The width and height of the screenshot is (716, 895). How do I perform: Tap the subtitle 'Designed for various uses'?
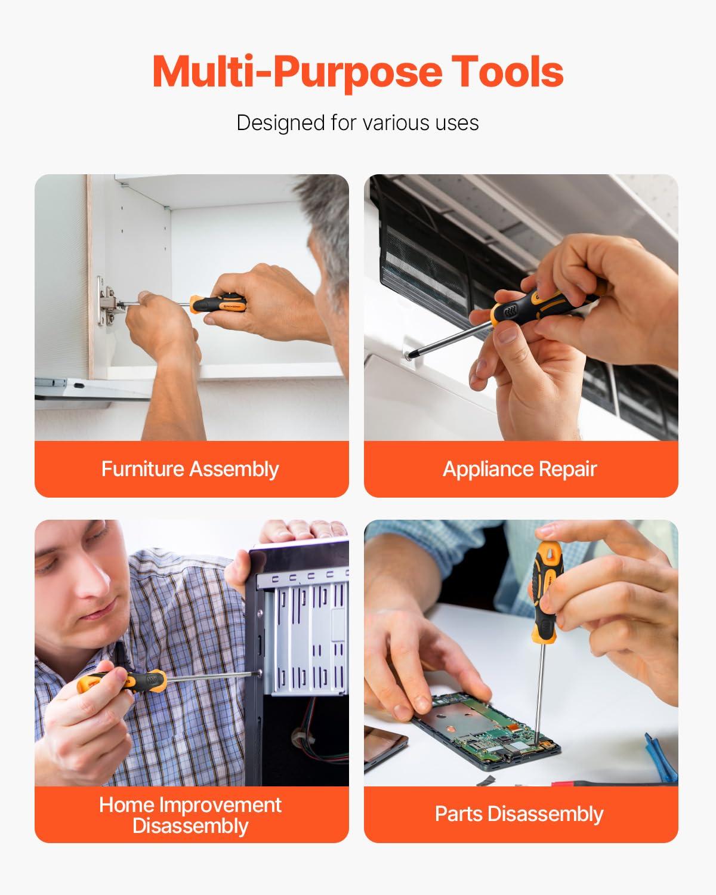[357, 123]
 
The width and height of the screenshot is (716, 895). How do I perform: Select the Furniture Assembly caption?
[190, 469]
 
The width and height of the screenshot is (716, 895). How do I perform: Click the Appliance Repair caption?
[520, 469]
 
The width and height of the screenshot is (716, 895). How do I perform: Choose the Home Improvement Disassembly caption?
[190, 815]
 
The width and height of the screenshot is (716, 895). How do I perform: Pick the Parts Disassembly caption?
[520, 814]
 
